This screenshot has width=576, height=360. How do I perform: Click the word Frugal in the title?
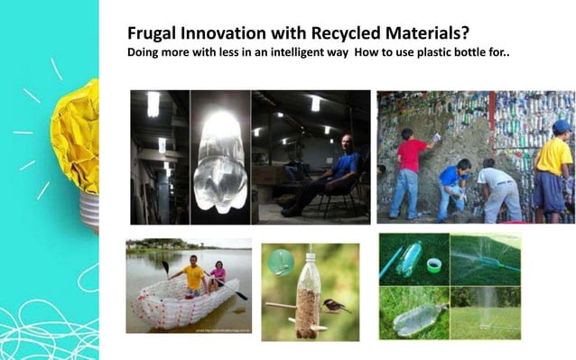coord(152,32)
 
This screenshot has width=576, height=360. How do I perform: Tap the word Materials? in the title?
coord(413,32)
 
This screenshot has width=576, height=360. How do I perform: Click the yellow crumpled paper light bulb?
coord(74,135)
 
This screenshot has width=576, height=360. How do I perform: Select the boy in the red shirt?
coord(410,171)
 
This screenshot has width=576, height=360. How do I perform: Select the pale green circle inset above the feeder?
coord(281,262)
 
